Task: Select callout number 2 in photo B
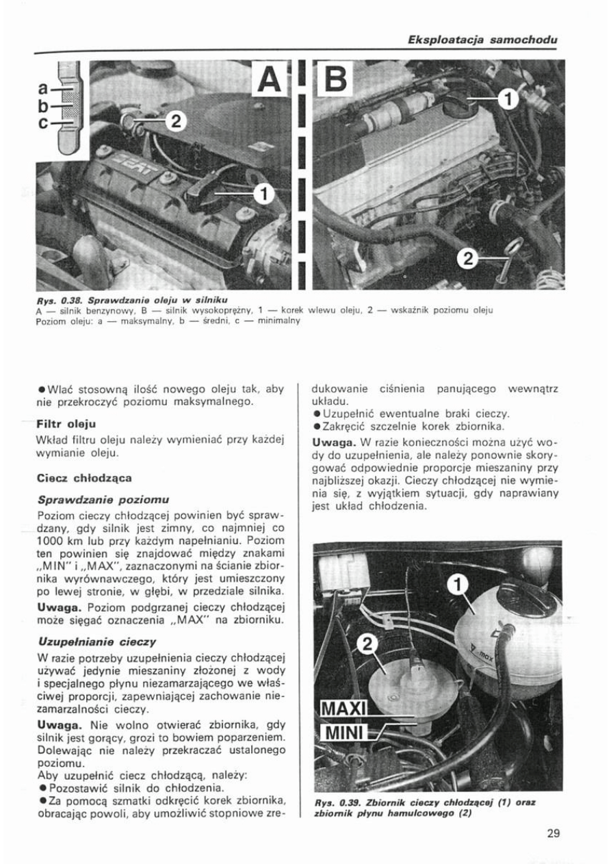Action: [469, 259]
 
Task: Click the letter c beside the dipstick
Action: [43, 123]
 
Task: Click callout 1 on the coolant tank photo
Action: [458, 585]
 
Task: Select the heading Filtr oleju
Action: [66, 424]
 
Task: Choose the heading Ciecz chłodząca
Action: [84, 477]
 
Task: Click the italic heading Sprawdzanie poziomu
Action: [103, 500]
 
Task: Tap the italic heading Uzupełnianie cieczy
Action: [98, 642]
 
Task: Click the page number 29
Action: [554, 833]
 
